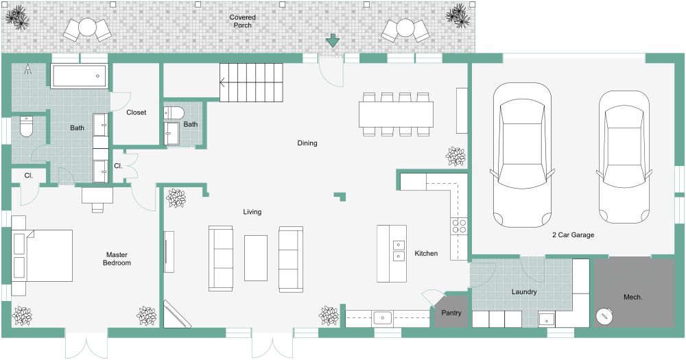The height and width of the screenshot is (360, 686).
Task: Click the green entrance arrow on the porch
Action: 333,40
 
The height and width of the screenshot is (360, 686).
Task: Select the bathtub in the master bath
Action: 80,76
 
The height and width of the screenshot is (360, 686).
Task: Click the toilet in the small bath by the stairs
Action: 172,112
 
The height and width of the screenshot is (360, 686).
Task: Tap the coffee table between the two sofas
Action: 256,258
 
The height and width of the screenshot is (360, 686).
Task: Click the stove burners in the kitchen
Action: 458,227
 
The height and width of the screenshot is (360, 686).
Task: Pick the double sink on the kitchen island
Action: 398,250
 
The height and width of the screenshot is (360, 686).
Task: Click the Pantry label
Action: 451,314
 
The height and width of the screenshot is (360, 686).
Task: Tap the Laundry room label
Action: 523,292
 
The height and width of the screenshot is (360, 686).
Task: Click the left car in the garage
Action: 523,155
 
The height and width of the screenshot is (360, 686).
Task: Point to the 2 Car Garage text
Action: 573,235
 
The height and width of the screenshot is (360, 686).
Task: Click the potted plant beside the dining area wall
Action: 456,157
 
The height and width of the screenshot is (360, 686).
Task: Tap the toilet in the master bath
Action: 26,126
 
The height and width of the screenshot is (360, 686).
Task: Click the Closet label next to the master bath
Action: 136,112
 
